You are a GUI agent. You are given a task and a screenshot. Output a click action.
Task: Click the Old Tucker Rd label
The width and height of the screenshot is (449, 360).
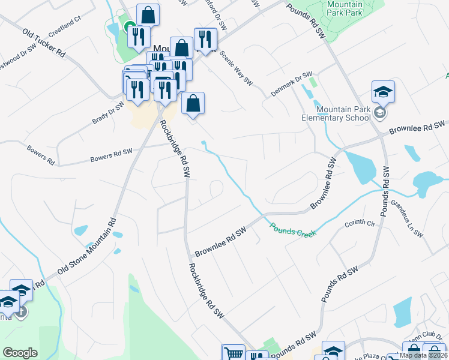(x=44, y=43)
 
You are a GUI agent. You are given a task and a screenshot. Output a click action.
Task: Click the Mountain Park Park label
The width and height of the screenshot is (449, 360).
(x=345, y=8)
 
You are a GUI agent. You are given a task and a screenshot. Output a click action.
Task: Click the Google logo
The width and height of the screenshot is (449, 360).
(x=20, y=353)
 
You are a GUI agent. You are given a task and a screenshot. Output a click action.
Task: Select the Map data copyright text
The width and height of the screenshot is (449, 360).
(x=424, y=355)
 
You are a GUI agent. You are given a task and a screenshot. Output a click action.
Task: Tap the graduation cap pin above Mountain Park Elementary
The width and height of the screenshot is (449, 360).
(x=382, y=92)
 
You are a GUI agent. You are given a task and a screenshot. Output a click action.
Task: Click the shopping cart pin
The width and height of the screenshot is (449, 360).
(x=233, y=353)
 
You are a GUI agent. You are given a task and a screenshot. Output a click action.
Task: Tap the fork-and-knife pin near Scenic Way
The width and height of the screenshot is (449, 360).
(x=205, y=39)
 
